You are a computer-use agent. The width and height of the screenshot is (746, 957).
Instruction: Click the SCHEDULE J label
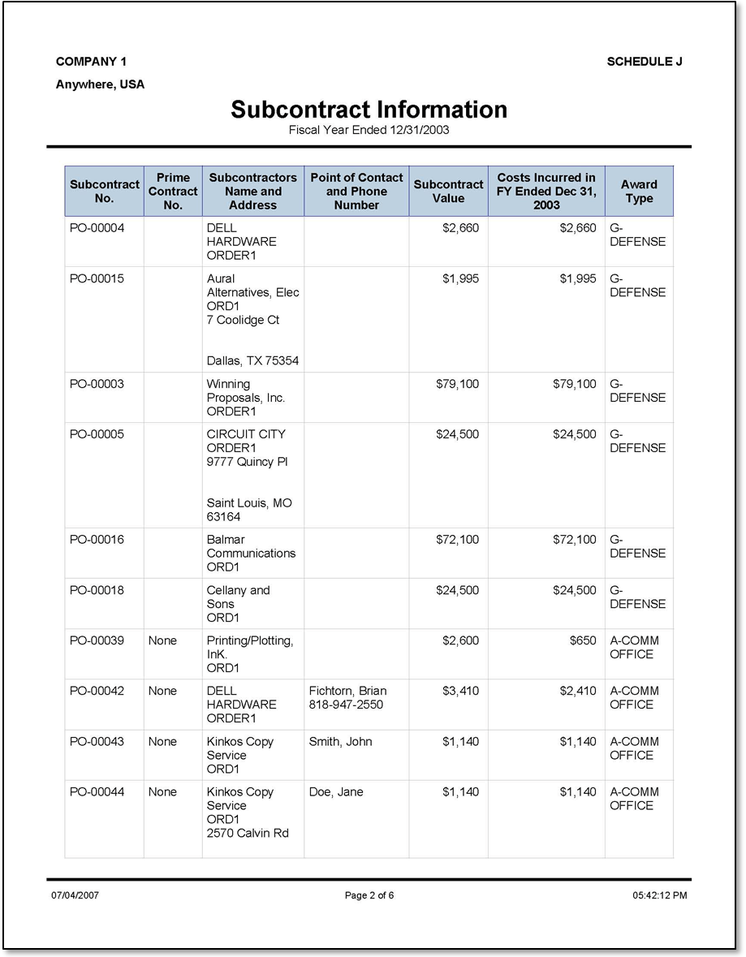coord(644,62)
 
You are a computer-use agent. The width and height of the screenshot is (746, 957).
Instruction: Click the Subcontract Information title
coord(369,110)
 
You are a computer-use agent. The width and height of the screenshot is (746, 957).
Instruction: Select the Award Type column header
coord(639,192)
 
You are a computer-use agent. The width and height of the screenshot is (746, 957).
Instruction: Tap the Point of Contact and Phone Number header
coord(356,192)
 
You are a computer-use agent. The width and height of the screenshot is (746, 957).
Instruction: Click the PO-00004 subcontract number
coord(97,228)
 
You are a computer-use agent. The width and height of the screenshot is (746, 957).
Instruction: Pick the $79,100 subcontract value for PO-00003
coord(457,384)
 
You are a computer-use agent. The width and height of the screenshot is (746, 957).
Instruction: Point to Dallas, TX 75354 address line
coord(252,360)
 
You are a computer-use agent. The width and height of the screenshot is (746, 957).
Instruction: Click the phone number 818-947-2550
coord(346,705)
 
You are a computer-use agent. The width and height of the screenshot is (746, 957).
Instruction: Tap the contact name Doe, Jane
coord(337,791)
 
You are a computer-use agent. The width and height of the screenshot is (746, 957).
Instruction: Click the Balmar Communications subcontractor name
coord(251,546)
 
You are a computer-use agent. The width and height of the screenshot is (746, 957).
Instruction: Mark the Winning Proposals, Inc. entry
coord(246,390)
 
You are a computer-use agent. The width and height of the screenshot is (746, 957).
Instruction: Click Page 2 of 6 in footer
coord(369,895)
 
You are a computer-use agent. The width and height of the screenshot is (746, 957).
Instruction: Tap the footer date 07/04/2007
coord(75,895)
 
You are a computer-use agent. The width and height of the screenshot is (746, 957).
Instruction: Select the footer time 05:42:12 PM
coord(659,895)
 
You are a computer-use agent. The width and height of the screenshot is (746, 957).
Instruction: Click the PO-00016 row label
coord(97,540)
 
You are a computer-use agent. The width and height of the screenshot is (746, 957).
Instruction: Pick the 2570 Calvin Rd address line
coord(248,833)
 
